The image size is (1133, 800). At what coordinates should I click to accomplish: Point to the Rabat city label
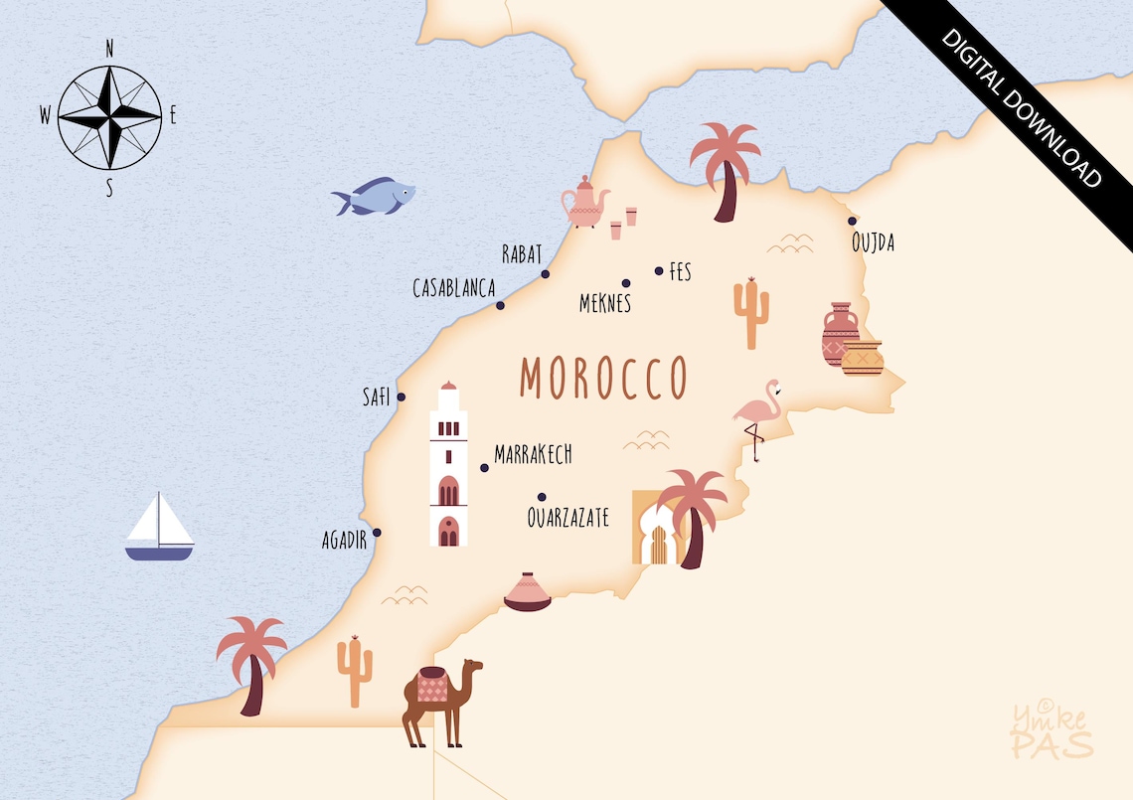point(522,254)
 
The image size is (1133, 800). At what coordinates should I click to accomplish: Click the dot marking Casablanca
point(500,305)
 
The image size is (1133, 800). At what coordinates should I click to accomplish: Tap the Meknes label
point(605,304)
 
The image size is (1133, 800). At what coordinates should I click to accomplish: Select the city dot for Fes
point(658,270)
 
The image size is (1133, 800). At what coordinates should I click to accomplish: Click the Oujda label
point(873,242)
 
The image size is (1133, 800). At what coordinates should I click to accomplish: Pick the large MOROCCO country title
point(603,378)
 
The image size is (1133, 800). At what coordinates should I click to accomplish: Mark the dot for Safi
point(402,398)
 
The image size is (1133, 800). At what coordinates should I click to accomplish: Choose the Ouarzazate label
point(567,518)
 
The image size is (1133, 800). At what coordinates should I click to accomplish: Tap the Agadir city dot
point(377,533)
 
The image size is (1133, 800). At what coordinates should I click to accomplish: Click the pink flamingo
point(757,417)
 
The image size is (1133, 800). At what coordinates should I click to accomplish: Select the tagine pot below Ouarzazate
point(527,592)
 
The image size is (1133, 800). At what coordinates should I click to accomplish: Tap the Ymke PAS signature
point(1052,730)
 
